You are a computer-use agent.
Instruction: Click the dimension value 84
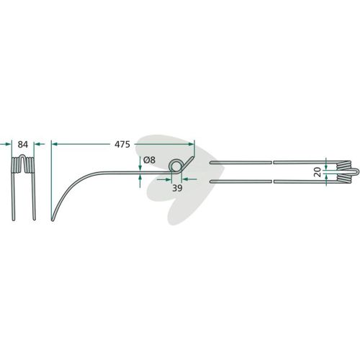(23, 145)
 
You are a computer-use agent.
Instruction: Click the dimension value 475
(122, 145)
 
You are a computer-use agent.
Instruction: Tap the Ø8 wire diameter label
(149, 160)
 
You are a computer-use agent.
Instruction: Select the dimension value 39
(177, 188)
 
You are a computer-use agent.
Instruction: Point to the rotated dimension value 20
(318, 172)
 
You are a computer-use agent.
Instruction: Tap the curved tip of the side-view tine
(53, 219)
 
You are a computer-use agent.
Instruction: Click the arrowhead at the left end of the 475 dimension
(55, 144)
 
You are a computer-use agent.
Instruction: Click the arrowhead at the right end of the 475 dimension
(191, 144)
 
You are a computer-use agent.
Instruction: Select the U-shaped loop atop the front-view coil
(23, 156)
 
